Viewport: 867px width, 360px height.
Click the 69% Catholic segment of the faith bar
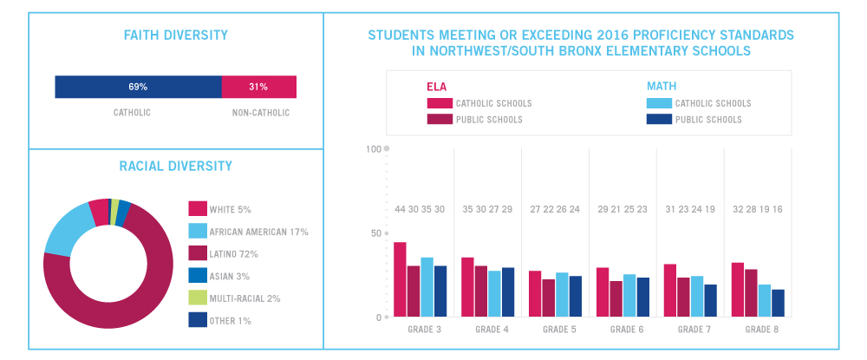[x=138, y=87]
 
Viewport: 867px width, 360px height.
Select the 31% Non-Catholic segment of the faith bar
[x=258, y=87]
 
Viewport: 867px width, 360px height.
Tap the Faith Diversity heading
[x=176, y=36]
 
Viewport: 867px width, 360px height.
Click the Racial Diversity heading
[x=176, y=166]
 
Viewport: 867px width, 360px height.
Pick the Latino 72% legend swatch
[x=198, y=253]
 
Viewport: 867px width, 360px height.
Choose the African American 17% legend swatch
[x=198, y=231]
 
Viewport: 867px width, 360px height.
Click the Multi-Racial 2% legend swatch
[x=198, y=298]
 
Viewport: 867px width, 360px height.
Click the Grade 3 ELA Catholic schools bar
[x=400, y=279]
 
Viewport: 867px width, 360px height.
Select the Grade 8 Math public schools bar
[x=778, y=303]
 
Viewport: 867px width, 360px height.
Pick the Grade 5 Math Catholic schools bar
[x=562, y=295]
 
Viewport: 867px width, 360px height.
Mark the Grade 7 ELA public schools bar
[x=684, y=297]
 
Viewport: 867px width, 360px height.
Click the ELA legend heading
[x=436, y=86]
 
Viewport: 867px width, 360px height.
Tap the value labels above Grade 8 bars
[x=757, y=210]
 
